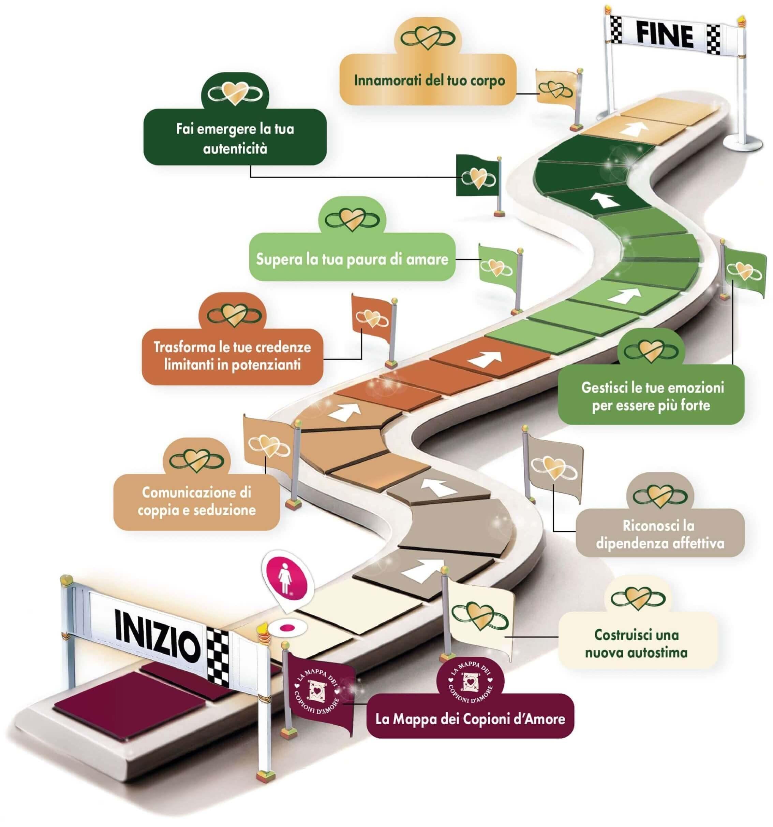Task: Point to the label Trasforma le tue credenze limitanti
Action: click(232, 356)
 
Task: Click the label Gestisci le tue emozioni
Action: click(652, 397)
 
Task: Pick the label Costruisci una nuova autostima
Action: click(636, 644)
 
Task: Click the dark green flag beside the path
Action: click(476, 175)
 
